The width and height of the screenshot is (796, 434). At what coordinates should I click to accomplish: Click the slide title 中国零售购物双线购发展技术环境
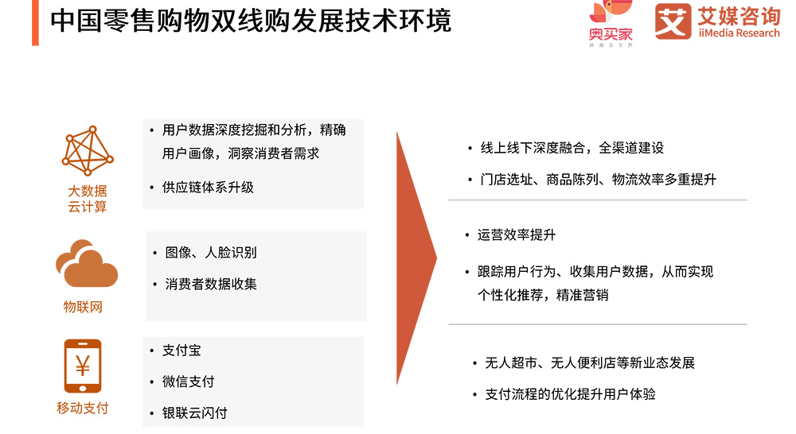(x=251, y=21)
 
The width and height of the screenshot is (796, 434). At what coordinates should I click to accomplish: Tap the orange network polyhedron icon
(x=88, y=150)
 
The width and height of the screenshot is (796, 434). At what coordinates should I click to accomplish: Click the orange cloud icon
(x=87, y=264)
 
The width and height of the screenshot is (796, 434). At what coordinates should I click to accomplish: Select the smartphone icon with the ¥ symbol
(x=83, y=366)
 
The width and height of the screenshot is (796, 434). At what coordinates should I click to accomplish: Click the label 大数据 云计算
(x=88, y=199)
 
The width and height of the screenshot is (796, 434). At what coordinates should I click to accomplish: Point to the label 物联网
(x=83, y=307)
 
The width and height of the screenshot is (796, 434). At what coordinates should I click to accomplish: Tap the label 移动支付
(x=83, y=408)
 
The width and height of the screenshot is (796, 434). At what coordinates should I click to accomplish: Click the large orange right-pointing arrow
(x=416, y=258)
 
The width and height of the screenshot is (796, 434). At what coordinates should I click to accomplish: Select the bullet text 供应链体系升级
(x=208, y=188)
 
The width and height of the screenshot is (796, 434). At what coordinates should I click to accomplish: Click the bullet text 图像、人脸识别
(x=211, y=253)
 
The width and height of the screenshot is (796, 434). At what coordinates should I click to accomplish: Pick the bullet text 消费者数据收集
(x=211, y=284)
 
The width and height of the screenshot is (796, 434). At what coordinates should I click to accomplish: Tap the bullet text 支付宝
(x=181, y=351)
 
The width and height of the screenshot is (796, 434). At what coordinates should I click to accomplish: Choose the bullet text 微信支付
(x=188, y=382)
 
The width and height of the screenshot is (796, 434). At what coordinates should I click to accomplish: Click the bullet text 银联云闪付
(x=194, y=413)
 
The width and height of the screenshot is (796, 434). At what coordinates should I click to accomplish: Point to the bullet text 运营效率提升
(x=517, y=235)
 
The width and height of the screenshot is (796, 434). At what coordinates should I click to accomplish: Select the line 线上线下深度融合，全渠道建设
(x=572, y=148)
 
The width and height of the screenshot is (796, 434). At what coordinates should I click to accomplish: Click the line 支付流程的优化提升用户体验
(x=570, y=394)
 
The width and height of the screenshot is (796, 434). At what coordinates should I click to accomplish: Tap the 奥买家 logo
(x=611, y=23)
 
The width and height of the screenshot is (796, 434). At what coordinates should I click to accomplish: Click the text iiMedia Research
(x=739, y=33)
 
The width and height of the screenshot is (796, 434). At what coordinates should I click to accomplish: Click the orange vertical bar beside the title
(x=35, y=23)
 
